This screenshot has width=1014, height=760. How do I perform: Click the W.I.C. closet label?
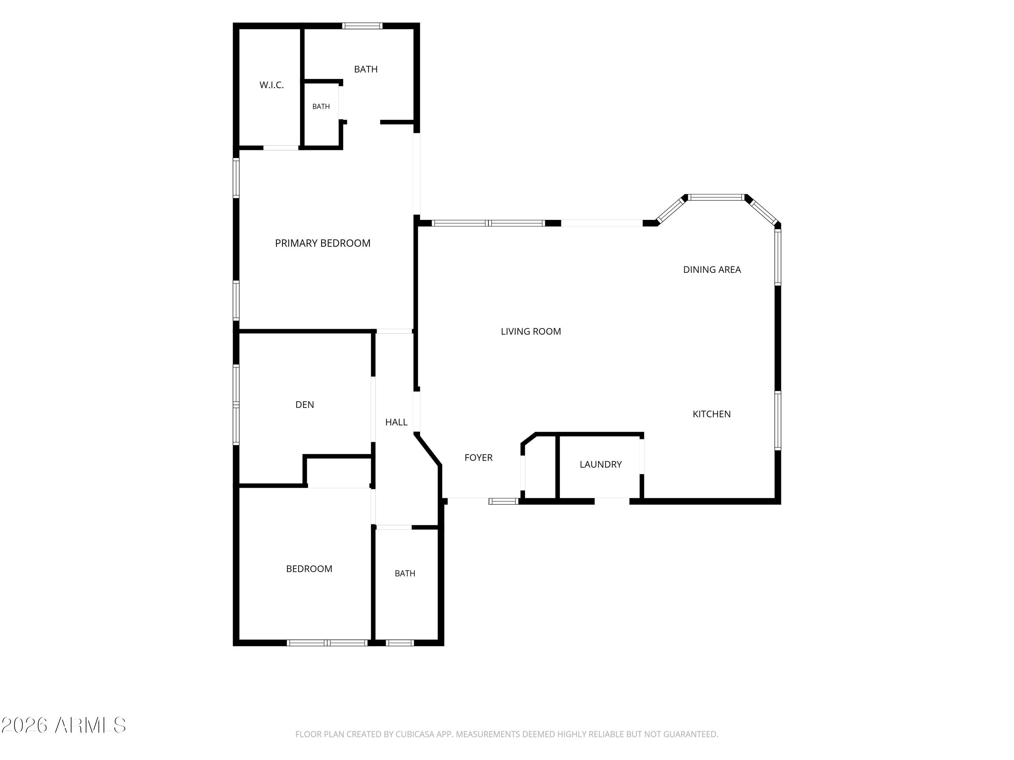click(271, 85)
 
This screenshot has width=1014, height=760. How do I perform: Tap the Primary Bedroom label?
click(323, 243)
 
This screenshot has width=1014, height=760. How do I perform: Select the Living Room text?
click(531, 331)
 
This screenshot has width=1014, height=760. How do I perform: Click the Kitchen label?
click(711, 414)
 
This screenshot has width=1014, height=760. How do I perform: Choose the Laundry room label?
click(601, 464)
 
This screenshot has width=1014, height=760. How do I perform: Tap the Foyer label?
click(479, 457)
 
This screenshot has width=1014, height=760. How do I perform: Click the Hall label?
click(396, 422)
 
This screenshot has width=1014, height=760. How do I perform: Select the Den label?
click(305, 405)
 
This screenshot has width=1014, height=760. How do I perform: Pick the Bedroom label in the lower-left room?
click(309, 568)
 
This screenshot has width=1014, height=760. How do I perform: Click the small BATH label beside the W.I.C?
click(321, 106)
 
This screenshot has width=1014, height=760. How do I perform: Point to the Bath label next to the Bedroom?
click(405, 573)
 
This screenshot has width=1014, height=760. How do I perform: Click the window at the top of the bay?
click(716, 198)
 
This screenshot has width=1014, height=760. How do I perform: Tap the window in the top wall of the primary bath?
click(362, 26)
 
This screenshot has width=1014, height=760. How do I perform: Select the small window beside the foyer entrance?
click(503, 501)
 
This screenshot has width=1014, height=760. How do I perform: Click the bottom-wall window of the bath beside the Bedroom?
click(400, 643)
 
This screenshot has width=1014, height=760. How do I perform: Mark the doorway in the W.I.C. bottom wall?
click(281, 148)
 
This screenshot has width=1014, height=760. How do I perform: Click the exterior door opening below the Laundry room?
click(612, 501)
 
